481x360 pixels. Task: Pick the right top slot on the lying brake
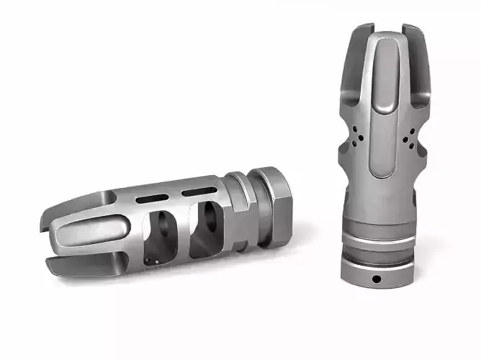point(199,191)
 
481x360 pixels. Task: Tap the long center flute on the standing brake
point(382,108)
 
